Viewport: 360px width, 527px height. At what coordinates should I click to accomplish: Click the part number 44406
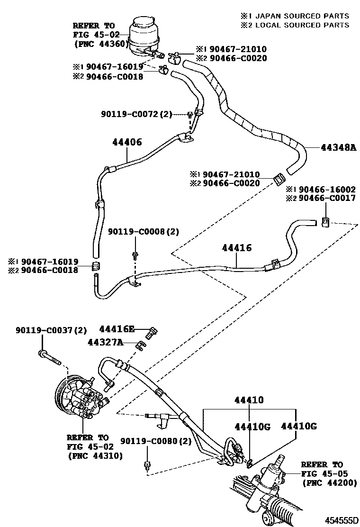tap(127, 142)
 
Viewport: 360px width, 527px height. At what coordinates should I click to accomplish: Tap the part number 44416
tap(236, 248)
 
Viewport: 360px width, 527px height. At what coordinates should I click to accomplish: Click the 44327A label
tap(105, 342)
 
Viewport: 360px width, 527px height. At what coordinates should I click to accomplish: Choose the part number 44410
tap(248, 400)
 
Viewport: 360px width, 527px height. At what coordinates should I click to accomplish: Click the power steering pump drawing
tap(79, 395)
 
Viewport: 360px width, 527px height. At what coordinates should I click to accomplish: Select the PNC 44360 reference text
tap(99, 44)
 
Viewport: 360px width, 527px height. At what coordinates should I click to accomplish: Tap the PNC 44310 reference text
tap(94, 455)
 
